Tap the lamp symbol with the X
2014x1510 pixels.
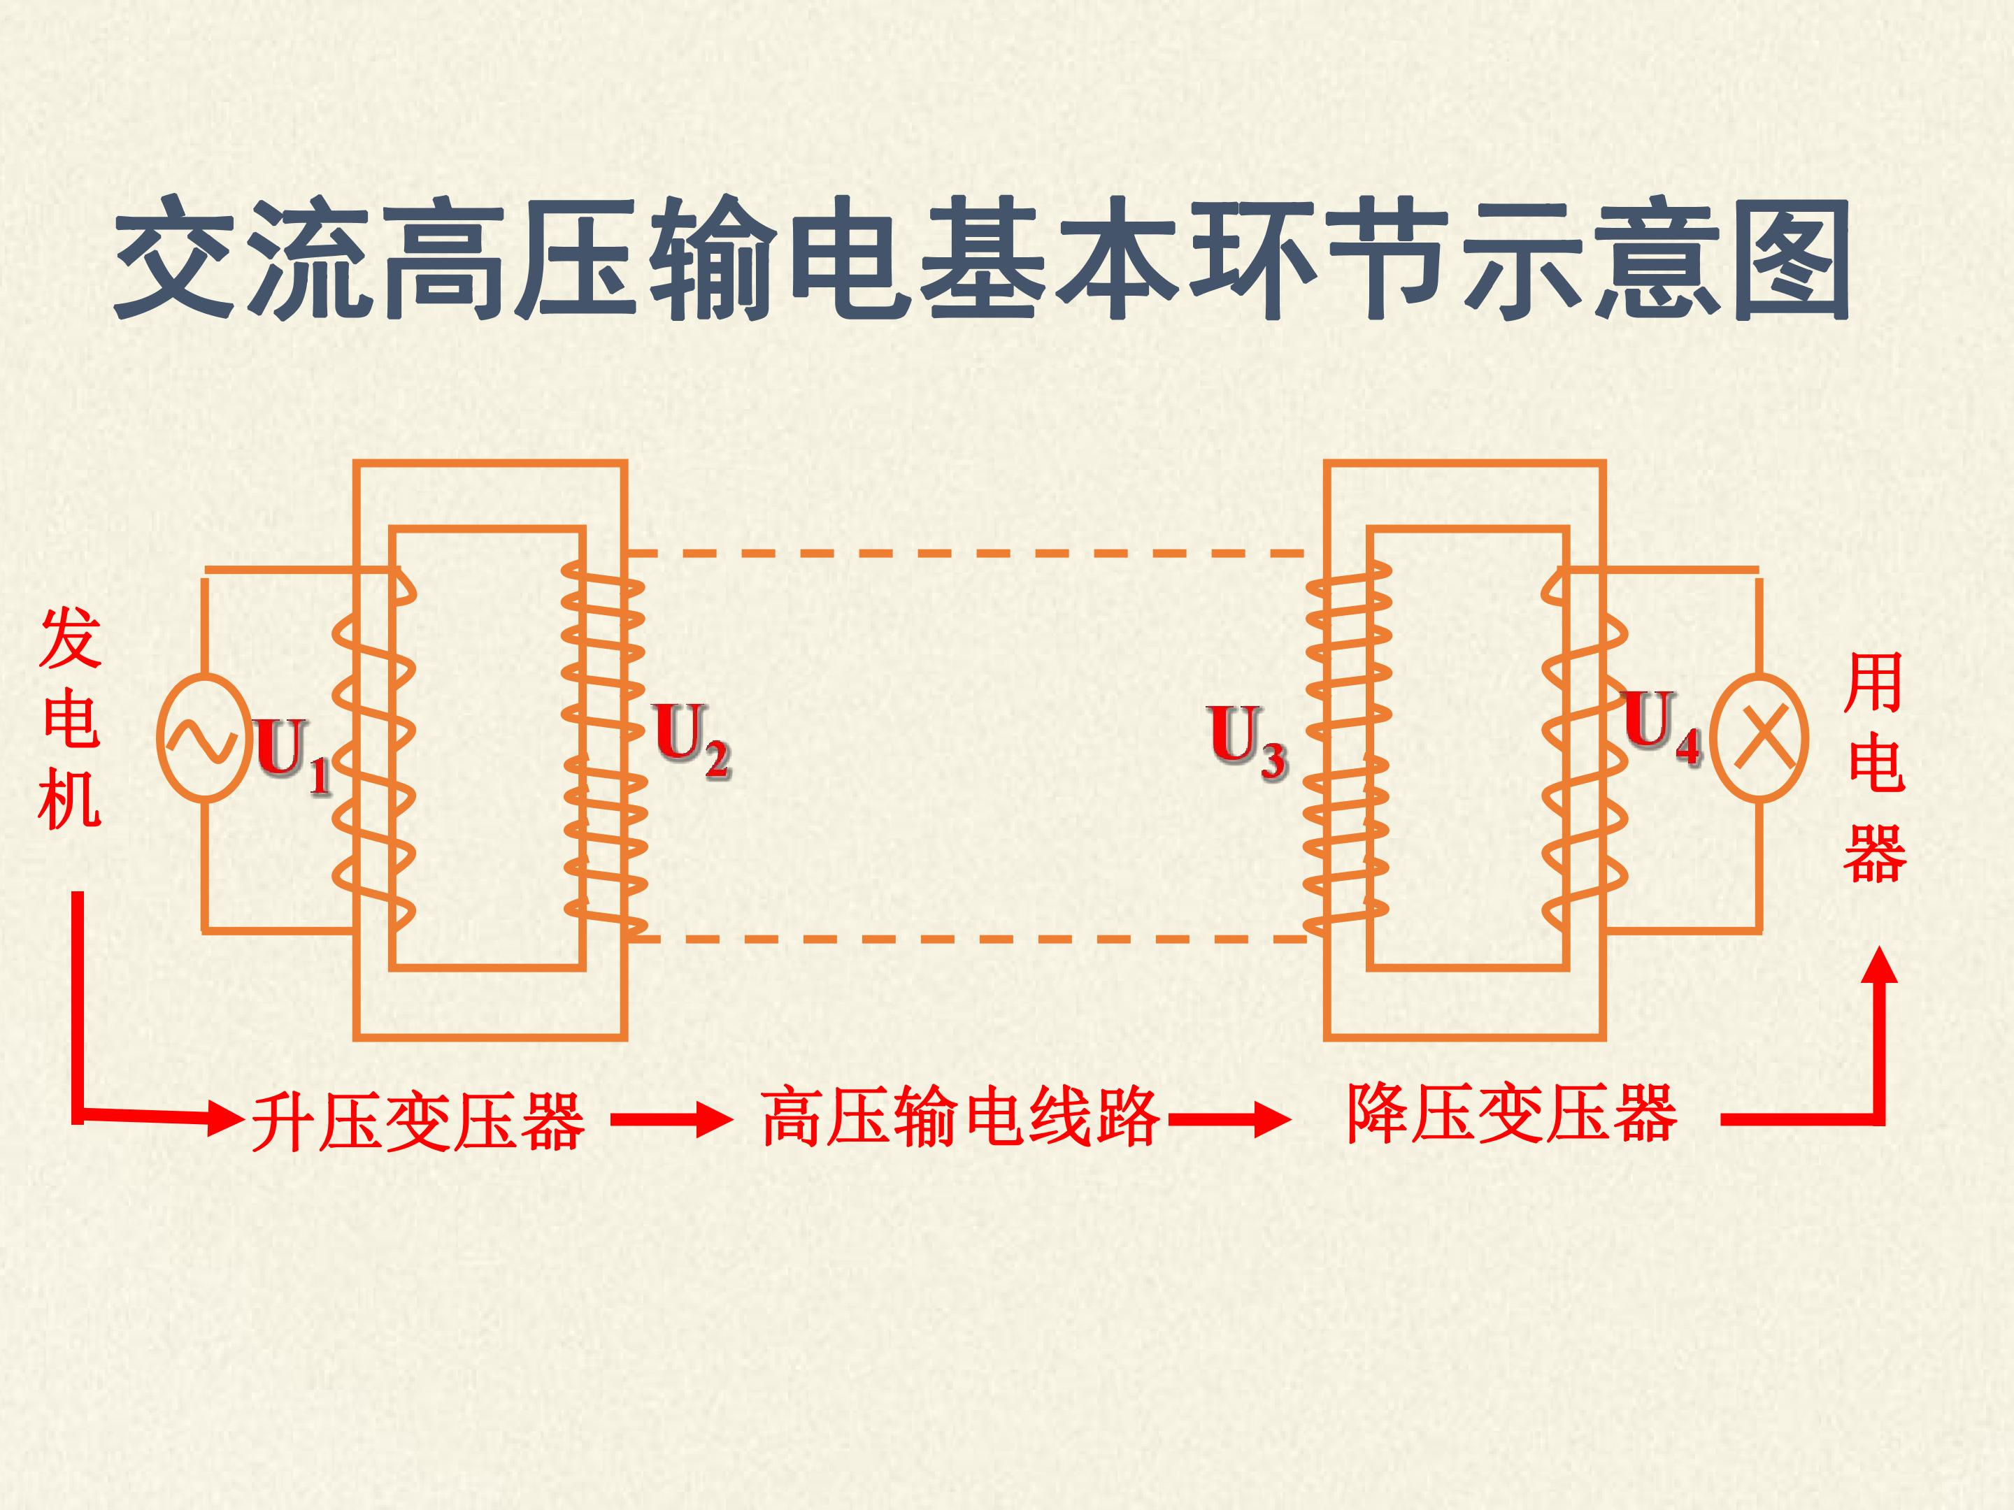(1759, 738)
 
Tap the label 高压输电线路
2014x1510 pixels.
(961, 1117)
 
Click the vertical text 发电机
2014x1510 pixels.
(70, 719)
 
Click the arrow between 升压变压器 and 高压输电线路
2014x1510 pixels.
(671, 1119)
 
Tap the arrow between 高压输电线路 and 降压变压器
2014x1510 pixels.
(1229, 1119)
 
